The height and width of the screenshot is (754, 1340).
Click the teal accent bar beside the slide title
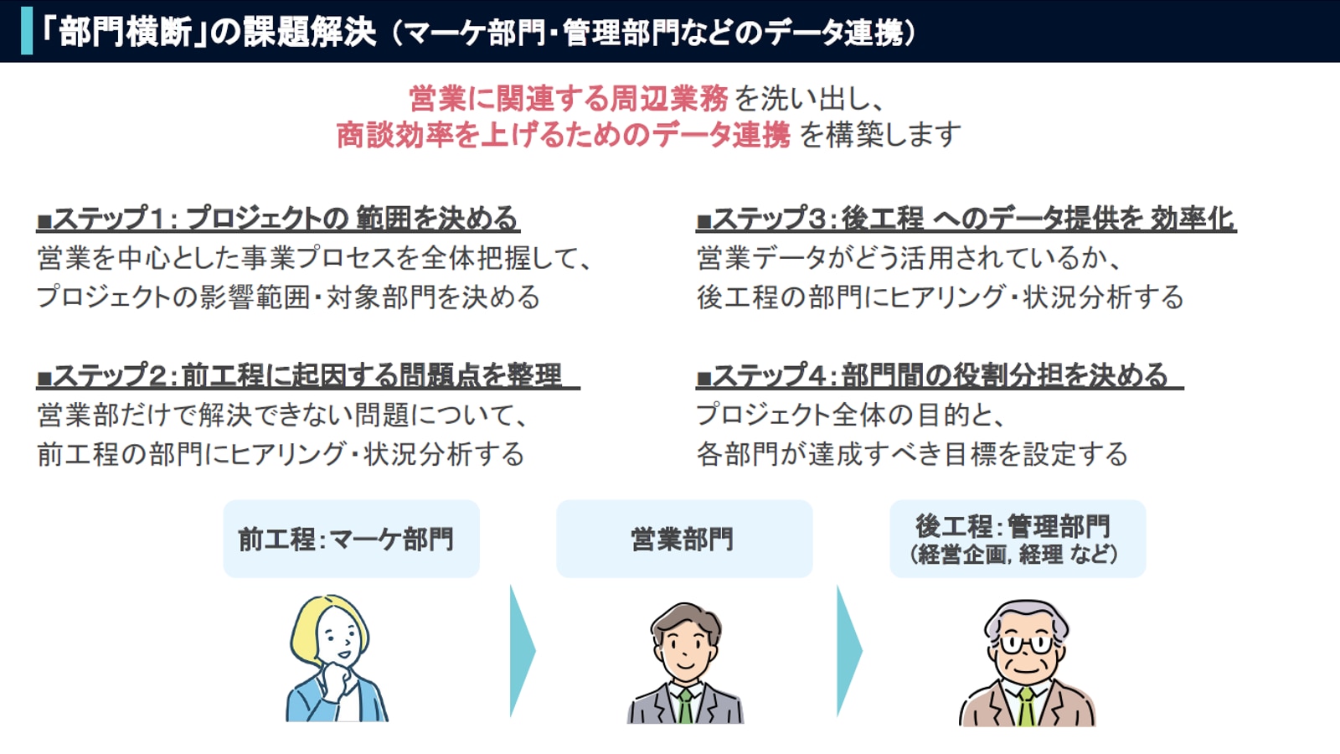(x=26, y=31)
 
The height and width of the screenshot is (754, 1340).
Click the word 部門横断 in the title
(x=126, y=32)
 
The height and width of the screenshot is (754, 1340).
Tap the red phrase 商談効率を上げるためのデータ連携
(x=563, y=135)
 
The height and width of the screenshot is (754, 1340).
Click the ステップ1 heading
(x=277, y=219)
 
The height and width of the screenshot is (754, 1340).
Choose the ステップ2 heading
(x=307, y=375)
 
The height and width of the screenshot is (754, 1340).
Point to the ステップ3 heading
(x=966, y=219)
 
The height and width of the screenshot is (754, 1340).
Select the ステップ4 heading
(x=939, y=375)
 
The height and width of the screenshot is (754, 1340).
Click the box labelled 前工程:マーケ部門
(x=351, y=539)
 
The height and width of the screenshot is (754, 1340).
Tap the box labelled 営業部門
(x=684, y=539)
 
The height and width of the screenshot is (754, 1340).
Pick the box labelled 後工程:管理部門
(x=1018, y=539)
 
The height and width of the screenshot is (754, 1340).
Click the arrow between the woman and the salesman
(x=523, y=650)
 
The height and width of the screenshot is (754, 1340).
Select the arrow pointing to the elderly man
(x=849, y=650)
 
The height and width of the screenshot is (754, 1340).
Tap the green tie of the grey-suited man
(x=685, y=706)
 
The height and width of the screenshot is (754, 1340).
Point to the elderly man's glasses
(x=1025, y=644)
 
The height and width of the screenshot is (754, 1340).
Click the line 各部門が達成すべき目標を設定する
(x=911, y=454)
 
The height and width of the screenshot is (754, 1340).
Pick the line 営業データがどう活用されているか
(x=908, y=259)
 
